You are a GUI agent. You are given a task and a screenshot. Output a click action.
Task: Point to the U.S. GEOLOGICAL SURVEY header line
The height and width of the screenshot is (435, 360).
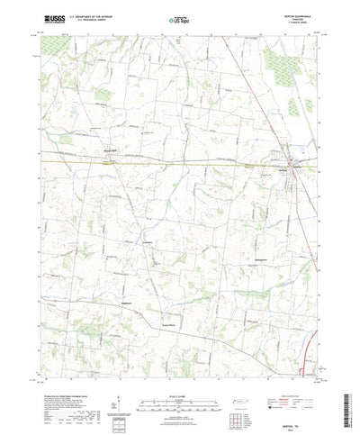(x=92, y=19)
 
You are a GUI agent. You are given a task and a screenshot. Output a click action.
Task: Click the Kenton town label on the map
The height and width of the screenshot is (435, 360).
(x=283, y=168)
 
